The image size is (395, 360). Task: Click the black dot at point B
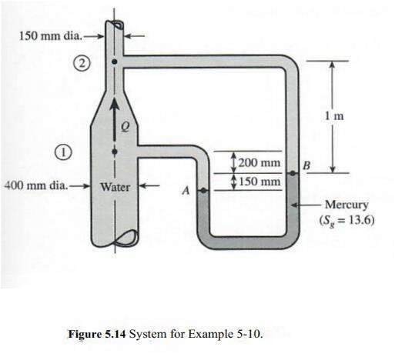click(293, 174)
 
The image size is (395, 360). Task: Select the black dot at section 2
click(115, 61)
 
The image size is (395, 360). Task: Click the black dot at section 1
click(115, 151)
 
